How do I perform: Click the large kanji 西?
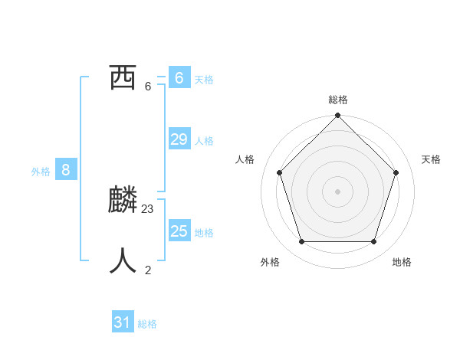coord(123,77)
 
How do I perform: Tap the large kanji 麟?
coord(123,201)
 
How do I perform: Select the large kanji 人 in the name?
coord(123,260)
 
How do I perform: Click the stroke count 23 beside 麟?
coord(148,208)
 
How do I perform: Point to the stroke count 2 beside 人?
coord(148,270)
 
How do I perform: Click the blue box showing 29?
coord(179,139)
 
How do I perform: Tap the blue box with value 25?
coord(179,231)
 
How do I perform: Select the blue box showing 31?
coord(123,322)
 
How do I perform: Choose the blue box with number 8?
coord(66,170)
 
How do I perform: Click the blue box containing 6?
coord(179,77)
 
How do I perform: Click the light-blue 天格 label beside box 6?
coord(204,80)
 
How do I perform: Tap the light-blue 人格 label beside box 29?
coord(204,141)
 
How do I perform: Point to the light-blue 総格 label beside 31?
coord(147,325)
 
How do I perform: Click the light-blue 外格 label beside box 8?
coord(41,172)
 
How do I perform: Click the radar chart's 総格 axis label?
coord(338,100)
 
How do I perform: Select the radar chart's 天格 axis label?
coord(431,159)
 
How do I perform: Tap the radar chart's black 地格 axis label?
coord(402,262)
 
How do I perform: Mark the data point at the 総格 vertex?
coord(338,116)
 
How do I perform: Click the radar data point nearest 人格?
coord(279,172)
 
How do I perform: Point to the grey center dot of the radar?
coord(338,191)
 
